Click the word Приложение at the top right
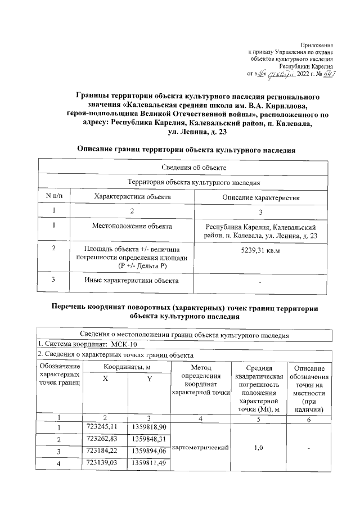(x=317, y=44)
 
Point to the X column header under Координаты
(x=105, y=379)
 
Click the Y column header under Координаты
(x=149, y=379)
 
